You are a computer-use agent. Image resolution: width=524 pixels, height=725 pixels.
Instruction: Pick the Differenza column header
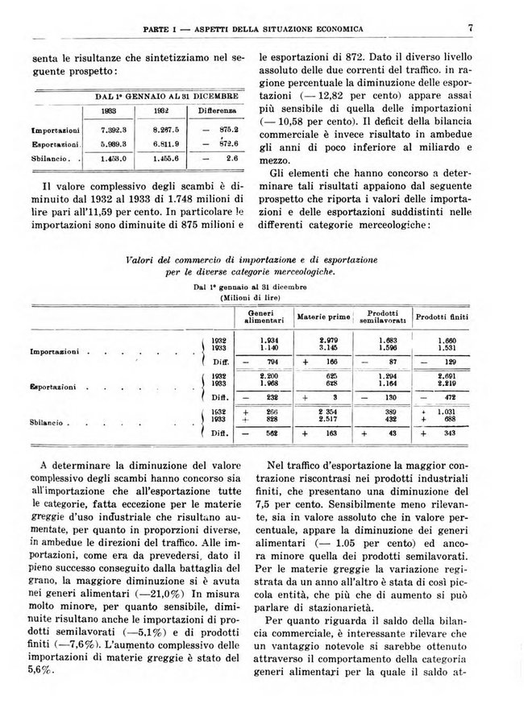pyautogui.click(x=215, y=110)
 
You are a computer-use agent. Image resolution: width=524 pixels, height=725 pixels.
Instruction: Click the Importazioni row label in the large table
pyautogui.click(x=55, y=352)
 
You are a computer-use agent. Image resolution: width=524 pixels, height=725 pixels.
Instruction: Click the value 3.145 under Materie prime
pyautogui.click(x=326, y=348)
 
